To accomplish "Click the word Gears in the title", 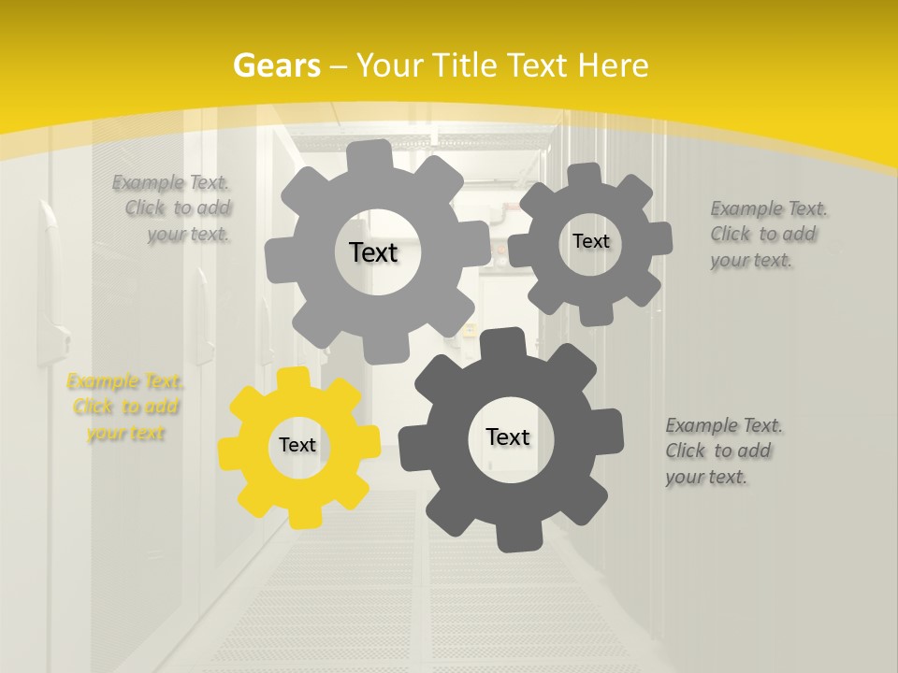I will (276, 65).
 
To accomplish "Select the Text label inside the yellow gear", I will (297, 446).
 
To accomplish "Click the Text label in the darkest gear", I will (508, 437).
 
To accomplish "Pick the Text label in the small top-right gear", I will (590, 241).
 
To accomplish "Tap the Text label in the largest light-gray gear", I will (373, 252).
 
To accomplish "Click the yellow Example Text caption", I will (124, 408).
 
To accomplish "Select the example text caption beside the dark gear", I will (723, 451).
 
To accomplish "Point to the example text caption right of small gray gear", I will (767, 235).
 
